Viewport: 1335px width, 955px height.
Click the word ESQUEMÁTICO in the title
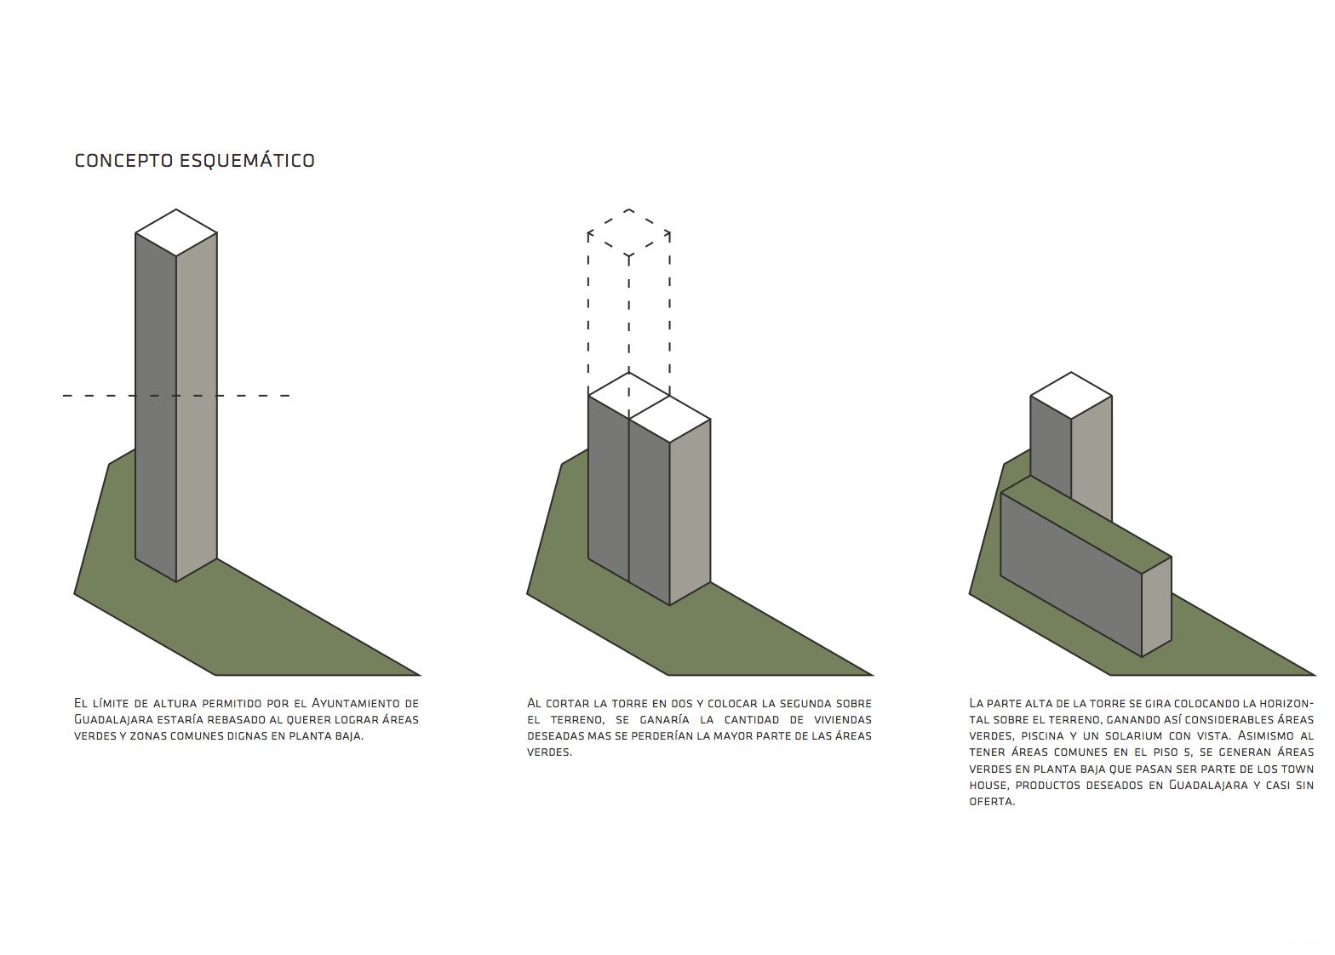247,160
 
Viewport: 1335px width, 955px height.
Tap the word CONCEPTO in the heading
123,161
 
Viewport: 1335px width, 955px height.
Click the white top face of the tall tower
175,232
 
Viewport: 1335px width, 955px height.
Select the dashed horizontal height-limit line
176,396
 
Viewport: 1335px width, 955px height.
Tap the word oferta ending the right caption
992,801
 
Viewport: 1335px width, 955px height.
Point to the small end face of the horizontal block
1157,607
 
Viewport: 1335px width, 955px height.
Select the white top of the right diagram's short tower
1071,396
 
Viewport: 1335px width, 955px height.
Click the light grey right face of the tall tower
197,407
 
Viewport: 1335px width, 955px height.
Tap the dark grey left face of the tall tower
156,407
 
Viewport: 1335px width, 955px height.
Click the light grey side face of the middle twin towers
690,512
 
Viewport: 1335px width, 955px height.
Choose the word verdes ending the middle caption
549,752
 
